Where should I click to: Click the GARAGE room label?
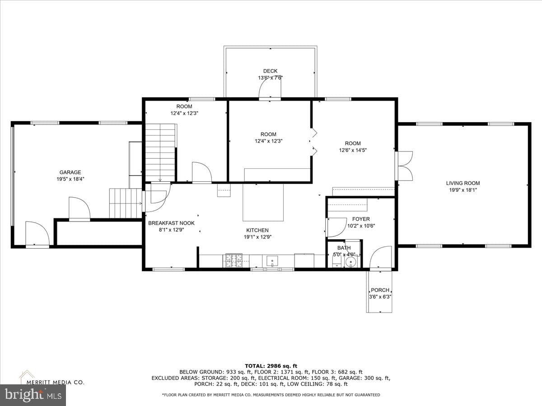(70, 172)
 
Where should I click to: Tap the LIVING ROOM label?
(463, 183)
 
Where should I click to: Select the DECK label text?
(270, 71)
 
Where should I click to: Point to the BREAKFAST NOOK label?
(171, 223)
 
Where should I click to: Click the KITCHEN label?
(257, 230)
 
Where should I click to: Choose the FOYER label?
(361, 219)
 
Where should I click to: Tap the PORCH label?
(380, 290)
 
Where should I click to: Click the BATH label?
(344, 248)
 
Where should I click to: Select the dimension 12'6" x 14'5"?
(353, 150)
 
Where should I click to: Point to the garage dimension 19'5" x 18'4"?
(70, 179)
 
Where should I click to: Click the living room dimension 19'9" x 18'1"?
(463, 190)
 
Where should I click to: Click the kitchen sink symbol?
(272, 261)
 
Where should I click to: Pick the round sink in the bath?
(350, 262)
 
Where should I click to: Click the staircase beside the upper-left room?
(160, 152)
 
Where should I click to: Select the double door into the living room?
(404, 166)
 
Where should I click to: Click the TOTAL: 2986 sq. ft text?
(271, 366)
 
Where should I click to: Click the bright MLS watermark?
(33, 395)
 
